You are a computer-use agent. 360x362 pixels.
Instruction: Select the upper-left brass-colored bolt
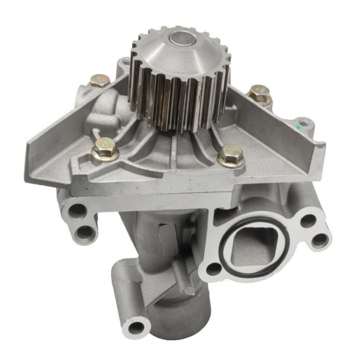coord(102,80)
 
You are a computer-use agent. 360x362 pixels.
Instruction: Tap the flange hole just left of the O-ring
coord(213,269)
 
